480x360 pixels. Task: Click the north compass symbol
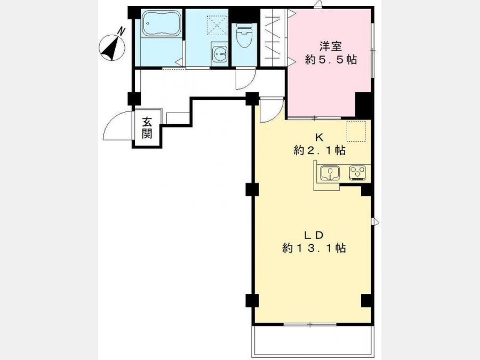tap(113, 47)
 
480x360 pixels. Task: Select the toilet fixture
tap(244, 36)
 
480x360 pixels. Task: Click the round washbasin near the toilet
tap(219, 53)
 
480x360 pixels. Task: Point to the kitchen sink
tap(330, 173)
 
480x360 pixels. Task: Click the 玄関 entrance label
tap(147, 128)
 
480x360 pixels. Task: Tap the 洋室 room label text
tap(331, 46)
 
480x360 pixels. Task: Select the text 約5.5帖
tap(331, 60)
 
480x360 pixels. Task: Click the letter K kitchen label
tap(319, 137)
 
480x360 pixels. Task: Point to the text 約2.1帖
tap(319, 150)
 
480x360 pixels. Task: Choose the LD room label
tap(314, 235)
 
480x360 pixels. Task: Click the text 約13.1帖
tap(314, 248)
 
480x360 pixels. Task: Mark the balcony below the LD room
tap(313, 341)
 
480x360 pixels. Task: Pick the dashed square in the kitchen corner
tap(356, 131)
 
